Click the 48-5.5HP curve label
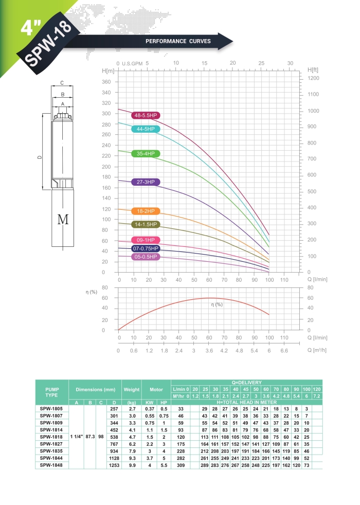pyautogui.click(x=145, y=116)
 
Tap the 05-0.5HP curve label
pyautogui.click(x=146, y=257)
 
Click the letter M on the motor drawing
pyautogui.click(x=63, y=220)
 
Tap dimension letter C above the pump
pyautogui.click(x=62, y=82)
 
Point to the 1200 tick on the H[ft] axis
pyautogui.click(x=313, y=78)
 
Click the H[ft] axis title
pyautogui.click(x=314, y=69)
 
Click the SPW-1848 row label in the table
pyautogui.click(x=51, y=465)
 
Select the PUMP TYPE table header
pyautogui.click(x=51, y=392)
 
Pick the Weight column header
pyautogui.click(x=131, y=389)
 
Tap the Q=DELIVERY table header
pyautogui.click(x=247, y=383)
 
